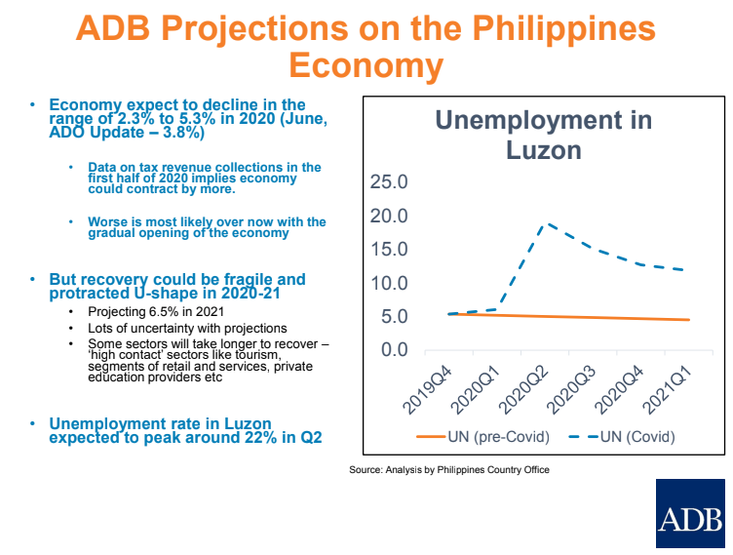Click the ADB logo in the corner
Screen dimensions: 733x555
(x=690, y=513)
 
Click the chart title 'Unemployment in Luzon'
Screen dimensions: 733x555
(x=544, y=135)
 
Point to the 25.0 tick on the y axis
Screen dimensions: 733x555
(x=389, y=181)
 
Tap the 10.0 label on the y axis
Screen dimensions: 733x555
(x=389, y=283)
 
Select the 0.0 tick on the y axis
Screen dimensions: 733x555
(x=395, y=349)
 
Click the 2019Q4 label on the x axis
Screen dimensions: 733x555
(x=428, y=391)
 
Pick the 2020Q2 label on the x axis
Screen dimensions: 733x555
(x=523, y=391)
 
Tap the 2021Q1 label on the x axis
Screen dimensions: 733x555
(x=667, y=391)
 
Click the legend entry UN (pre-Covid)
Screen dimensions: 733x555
(x=482, y=437)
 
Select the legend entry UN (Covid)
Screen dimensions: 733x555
(x=622, y=437)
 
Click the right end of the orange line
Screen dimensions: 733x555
(x=689, y=320)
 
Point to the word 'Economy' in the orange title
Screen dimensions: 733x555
(x=366, y=65)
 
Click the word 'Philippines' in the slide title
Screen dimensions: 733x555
(x=564, y=28)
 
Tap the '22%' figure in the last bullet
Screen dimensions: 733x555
(x=262, y=437)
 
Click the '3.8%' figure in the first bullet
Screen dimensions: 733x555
(x=183, y=132)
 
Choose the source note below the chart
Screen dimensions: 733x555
(x=449, y=470)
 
